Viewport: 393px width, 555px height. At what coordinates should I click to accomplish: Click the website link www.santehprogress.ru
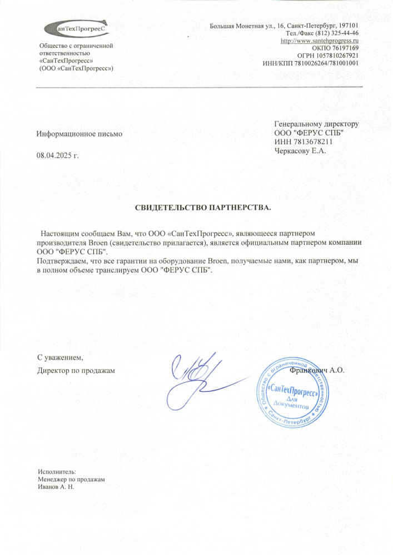pyautogui.click(x=319, y=41)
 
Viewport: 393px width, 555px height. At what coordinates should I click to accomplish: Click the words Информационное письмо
pyautogui.click(x=79, y=134)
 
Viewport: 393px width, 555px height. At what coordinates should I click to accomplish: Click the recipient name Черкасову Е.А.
pyautogui.click(x=299, y=150)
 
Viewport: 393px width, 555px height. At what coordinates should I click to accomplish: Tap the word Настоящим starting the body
pyautogui.click(x=59, y=234)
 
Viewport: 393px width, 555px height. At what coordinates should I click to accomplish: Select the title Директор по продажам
pyautogui.click(x=76, y=370)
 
